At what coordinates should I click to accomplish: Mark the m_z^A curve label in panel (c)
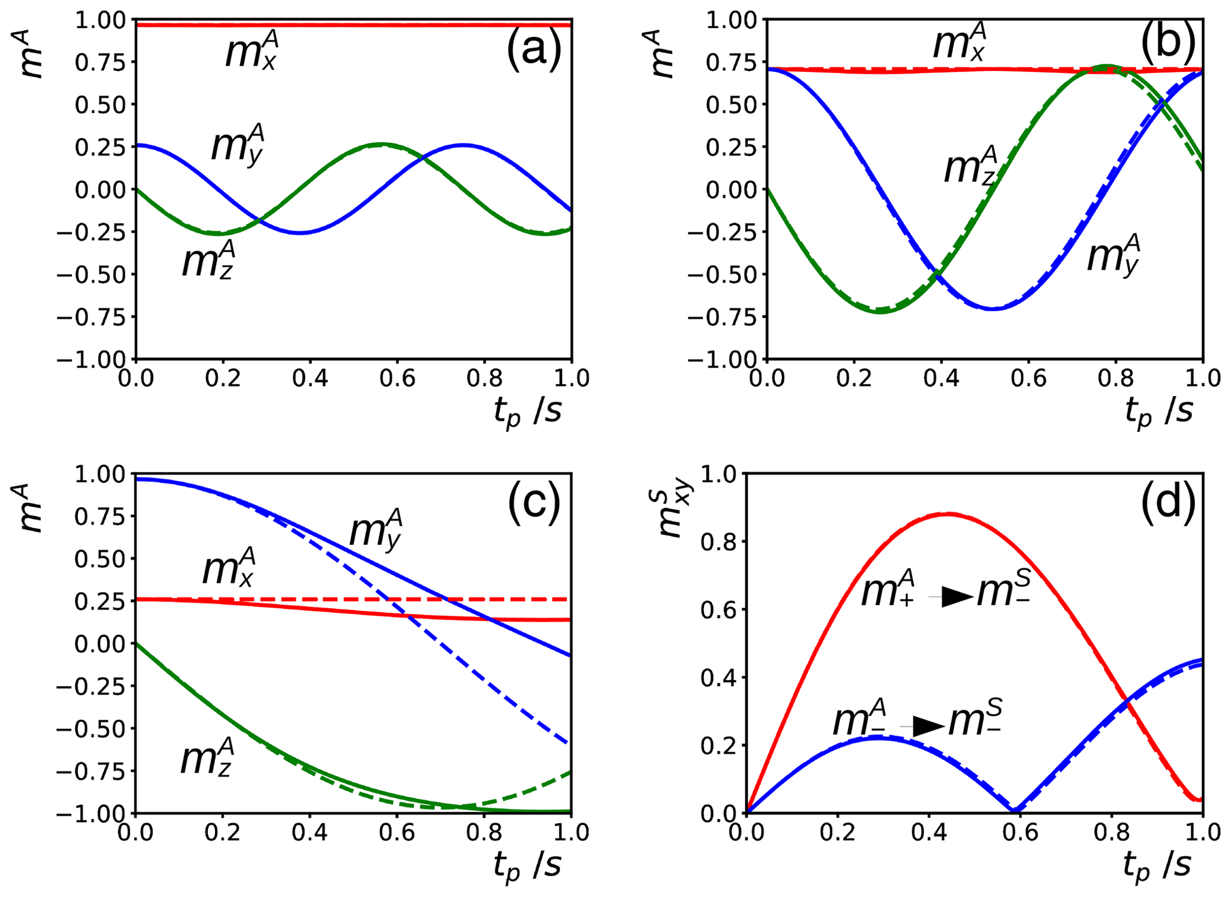tap(207, 756)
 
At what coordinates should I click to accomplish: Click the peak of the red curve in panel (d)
tap(948, 513)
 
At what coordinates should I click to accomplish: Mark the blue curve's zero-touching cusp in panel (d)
tap(1015, 811)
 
